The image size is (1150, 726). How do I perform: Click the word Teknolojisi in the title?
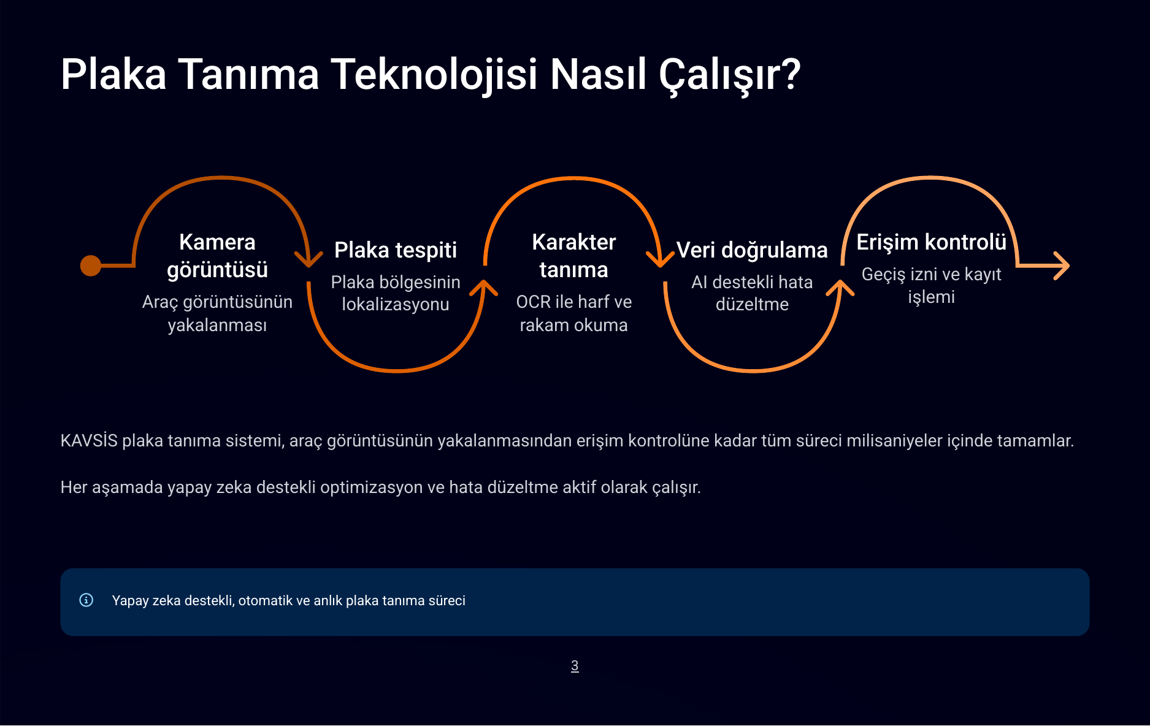tap(434, 75)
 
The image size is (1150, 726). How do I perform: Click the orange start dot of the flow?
tap(91, 266)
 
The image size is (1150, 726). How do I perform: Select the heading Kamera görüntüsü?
tap(217, 256)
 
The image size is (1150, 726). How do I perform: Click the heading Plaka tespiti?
tap(396, 250)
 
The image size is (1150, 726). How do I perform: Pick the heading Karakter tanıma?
tap(573, 256)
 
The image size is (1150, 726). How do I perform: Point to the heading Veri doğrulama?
tap(752, 250)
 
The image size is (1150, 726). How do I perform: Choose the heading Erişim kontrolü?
tap(931, 242)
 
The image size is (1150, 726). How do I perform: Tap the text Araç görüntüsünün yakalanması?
tap(217, 313)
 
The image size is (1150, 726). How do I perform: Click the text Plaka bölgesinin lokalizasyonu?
tap(396, 293)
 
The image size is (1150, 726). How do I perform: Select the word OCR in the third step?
tap(533, 302)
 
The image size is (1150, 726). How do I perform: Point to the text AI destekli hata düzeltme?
tap(752, 293)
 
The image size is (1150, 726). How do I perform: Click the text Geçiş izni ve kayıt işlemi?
tap(931, 285)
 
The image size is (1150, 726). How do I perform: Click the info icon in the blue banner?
tap(86, 600)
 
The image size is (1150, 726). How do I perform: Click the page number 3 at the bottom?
tap(575, 666)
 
